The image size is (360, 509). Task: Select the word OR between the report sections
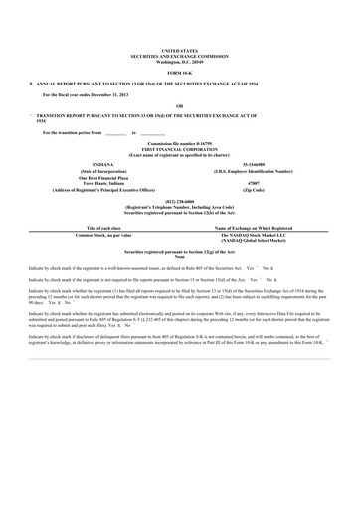pyautogui.click(x=179, y=105)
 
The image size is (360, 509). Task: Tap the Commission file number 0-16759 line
pyautogui.click(x=179, y=142)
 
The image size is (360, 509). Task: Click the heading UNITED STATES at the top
pyautogui.click(x=179, y=48)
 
